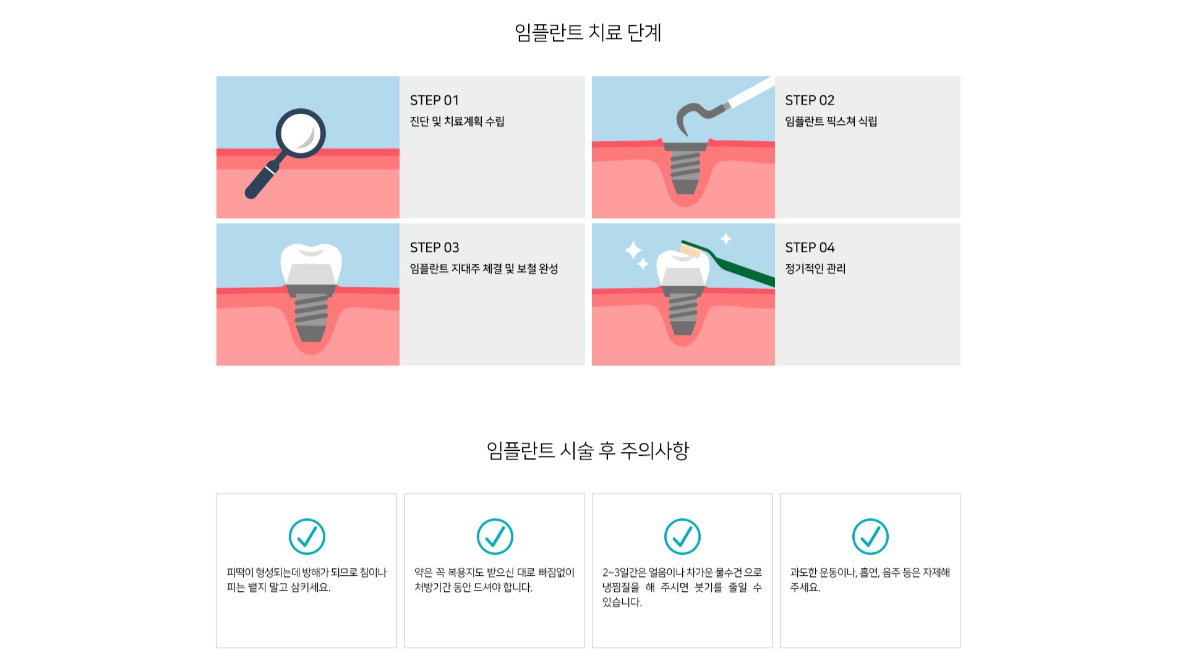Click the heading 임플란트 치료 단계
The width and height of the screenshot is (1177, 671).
588,32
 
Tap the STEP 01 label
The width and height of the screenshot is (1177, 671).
434,100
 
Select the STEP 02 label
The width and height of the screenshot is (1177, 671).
810,100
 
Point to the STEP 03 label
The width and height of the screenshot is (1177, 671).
434,247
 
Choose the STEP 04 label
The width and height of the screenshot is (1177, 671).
810,247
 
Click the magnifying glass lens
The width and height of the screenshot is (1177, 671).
301,133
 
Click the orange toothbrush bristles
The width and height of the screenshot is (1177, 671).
690,250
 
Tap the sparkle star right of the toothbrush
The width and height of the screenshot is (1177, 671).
726,239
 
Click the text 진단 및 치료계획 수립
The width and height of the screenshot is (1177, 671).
457,121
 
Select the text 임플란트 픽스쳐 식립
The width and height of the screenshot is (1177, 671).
831,121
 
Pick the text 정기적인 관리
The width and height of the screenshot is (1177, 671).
815,268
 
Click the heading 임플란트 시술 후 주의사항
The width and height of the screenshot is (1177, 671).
588,450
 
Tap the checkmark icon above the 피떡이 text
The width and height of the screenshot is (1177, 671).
307,536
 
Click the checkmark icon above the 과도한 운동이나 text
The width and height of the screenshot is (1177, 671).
870,536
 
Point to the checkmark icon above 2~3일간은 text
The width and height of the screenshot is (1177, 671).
682,536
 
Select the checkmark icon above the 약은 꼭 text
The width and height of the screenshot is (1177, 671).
495,536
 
